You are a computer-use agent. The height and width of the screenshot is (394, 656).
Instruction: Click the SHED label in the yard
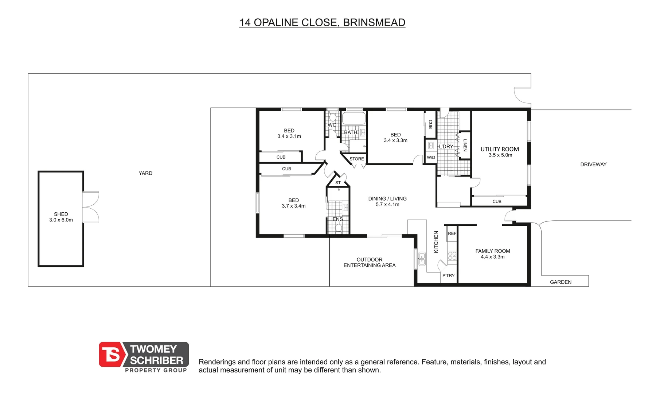click(x=61, y=214)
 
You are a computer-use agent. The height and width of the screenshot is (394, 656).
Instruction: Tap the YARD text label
click(x=145, y=173)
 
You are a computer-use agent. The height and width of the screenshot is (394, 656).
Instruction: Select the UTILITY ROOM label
click(x=500, y=149)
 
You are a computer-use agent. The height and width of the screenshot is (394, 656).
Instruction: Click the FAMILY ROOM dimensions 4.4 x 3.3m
click(x=493, y=257)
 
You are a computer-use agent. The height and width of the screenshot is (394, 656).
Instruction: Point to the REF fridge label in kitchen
click(x=452, y=233)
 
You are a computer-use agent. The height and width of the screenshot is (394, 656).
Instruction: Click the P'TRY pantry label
click(x=448, y=275)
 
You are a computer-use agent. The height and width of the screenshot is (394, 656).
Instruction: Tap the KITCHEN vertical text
click(x=436, y=242)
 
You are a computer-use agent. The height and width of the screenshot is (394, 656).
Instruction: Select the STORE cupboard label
click(x=356, y=159)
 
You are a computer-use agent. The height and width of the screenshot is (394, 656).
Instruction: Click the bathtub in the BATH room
click(x=354, y=119)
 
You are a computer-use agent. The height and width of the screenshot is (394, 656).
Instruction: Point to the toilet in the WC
click(x=332, y=117)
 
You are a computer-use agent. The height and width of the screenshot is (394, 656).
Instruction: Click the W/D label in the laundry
click(x=431, y=158)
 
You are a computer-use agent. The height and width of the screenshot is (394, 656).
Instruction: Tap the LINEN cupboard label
click(x=465, y=145)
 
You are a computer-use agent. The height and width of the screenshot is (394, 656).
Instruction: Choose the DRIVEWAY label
click(x=593, y=165)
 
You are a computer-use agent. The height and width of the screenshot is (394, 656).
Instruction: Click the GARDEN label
click(x=561, y=282)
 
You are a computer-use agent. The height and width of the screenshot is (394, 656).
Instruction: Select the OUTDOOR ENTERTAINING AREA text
click(x=370, y=262)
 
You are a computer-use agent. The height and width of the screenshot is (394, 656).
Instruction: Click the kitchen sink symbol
click(x=422, y=258)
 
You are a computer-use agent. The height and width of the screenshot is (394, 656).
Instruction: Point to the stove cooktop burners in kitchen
click(x=452, y=255)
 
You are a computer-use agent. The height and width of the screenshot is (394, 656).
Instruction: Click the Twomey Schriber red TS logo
click(x=111, y=354)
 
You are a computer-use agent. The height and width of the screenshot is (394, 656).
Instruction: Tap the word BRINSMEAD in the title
click(x=374, y=23)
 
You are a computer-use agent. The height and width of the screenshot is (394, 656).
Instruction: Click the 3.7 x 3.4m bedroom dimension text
click(x=293, y=206)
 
